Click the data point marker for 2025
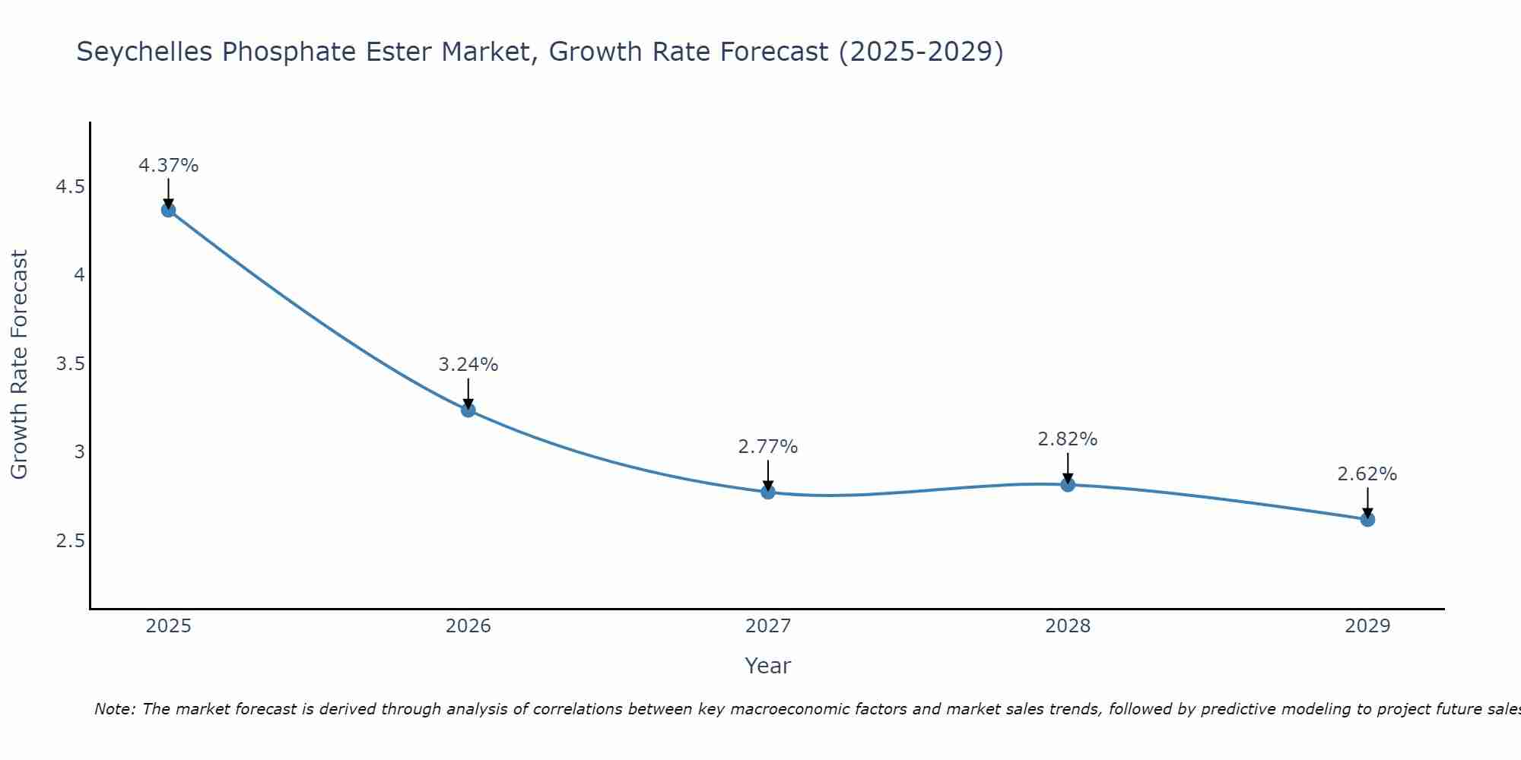coord(169,210)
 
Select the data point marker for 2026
coord(468,410)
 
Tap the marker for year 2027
coord(768,492)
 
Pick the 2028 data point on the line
coord(1068,484)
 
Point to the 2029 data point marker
coord(1367,519)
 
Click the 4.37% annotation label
coord(169,165)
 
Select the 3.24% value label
coord(468,364)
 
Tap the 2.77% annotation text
coord(768,446)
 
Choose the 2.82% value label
coord(1068,439)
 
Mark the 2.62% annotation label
coord(1367,473)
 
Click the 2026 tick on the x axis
coord(468,626)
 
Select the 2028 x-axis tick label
coord(1068,626)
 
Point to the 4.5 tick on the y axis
coord(71,187)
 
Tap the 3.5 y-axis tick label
coord(71,364)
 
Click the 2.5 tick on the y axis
coord(71,541)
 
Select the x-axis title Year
coord(768,666)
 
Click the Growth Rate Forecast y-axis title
coord(19,364)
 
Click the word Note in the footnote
coord(114,709)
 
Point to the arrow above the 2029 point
coord(1367,502)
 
